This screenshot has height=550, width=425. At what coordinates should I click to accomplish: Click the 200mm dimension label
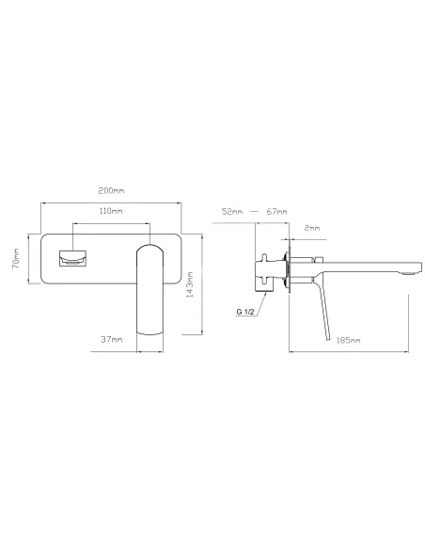[x=111, y=191]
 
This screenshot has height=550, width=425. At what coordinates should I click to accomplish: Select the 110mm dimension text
[x=111, y=212]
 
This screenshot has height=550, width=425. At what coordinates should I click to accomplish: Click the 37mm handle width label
[x=112, y=340]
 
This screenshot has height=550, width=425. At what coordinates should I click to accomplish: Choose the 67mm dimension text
[x=276, y=212]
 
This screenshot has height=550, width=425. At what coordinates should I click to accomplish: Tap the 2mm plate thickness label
[x=312, y=229]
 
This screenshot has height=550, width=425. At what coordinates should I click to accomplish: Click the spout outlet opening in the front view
[x=74, y=259]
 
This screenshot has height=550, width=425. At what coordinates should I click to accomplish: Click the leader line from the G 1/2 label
[x=264, y=300]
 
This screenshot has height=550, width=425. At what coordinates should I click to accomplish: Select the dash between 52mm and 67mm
[x=254, y=212]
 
